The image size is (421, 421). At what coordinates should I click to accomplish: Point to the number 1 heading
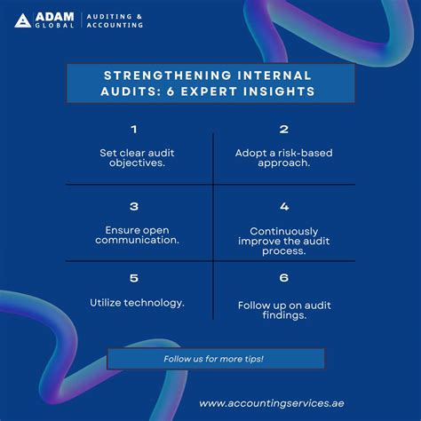tap(134, 129)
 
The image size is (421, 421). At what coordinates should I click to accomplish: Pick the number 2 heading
tap(284, 129)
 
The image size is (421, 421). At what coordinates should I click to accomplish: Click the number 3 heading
tap(134, 206)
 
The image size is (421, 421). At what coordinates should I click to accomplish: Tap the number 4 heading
tap(284, 206)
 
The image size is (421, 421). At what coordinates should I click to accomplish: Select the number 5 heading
tap(134, 278)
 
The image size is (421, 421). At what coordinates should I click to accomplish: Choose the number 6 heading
tap(284, 278)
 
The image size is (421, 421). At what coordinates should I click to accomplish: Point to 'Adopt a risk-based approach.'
tap(284, 158)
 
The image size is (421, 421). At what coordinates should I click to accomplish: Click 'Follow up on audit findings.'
tap(284, 311)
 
